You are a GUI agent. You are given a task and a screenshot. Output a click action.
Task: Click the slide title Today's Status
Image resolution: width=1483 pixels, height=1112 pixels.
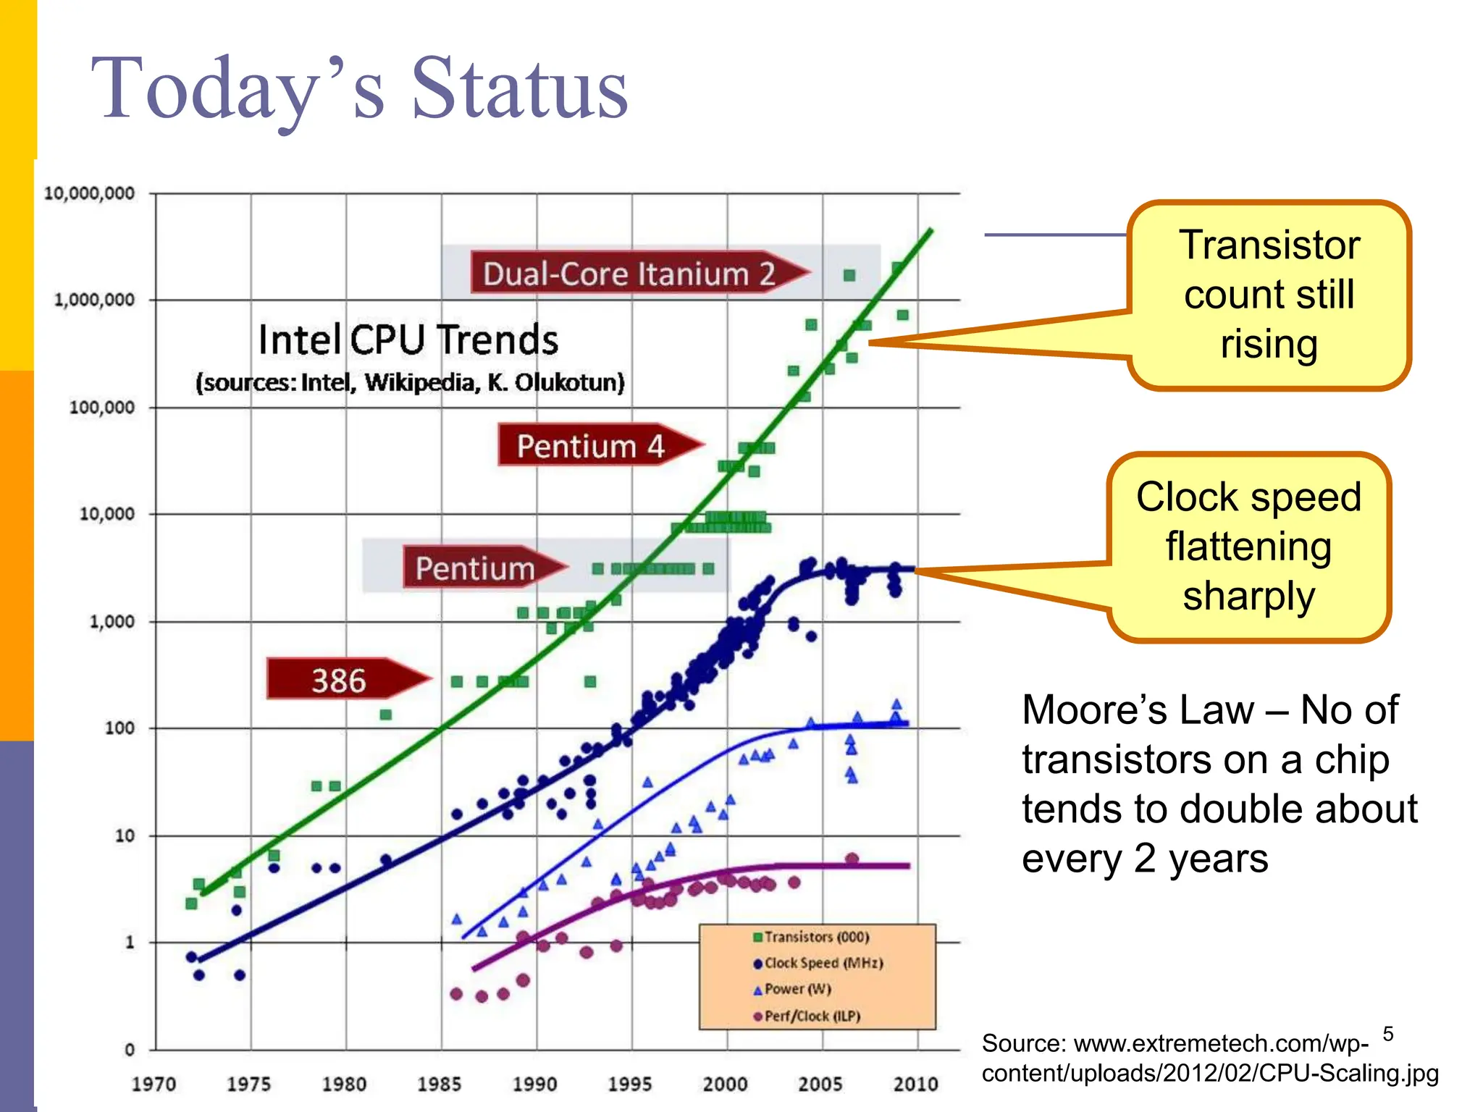coord(359,88)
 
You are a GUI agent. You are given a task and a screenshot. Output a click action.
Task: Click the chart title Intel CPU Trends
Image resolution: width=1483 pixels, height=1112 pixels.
coord(408,340)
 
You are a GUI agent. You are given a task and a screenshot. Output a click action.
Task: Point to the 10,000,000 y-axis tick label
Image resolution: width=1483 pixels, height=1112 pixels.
coord(89,193)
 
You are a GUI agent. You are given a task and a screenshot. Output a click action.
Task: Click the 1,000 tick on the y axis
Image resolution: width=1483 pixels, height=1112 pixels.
coord(112,621)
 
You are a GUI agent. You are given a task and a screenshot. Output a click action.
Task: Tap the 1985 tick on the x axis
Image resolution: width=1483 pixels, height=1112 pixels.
coord(439,1084)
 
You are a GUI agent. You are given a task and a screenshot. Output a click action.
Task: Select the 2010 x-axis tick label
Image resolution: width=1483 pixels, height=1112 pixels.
coord(915,1084)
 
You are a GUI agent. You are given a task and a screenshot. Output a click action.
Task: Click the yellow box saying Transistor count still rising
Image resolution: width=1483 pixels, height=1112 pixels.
coord(1269,295)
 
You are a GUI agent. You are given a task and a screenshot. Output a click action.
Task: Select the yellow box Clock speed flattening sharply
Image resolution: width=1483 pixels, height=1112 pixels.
coord(1248,547)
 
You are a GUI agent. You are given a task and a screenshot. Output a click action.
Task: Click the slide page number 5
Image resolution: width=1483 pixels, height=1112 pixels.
coord(1387,1033)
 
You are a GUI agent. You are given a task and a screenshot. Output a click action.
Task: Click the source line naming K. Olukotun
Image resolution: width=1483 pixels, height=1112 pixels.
coord(410,382)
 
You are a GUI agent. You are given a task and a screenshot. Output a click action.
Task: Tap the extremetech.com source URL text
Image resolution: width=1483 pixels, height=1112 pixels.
coord(1209,1058)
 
